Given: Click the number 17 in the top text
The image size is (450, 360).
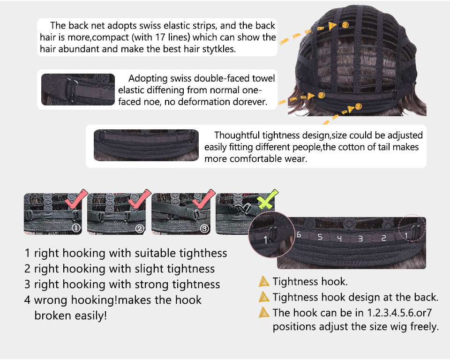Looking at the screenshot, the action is (161, 37).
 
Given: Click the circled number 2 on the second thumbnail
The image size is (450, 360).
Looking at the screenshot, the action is (140, 229).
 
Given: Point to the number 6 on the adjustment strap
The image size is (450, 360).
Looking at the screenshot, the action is (299, 235).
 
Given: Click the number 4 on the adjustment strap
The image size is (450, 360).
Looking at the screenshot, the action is (339, 238).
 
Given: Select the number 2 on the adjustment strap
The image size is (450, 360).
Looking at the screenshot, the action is (383, 238).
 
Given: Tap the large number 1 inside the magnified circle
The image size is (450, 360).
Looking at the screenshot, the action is (265, 240).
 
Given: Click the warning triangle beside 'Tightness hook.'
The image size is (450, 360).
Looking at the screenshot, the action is (264, 281).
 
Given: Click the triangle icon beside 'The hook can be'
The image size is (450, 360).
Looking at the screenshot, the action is (264, 312).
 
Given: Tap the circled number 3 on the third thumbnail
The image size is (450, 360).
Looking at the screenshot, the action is (204, 229).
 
